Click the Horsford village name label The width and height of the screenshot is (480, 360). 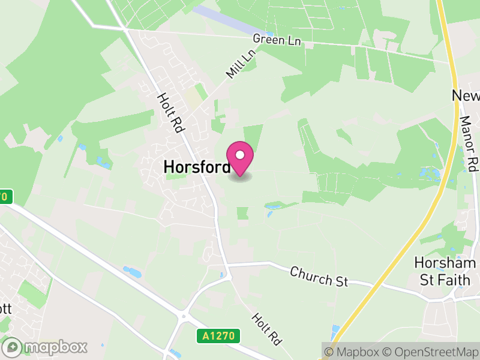[x=196, y=167]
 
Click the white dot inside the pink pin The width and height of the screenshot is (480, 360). [x=240, y=155]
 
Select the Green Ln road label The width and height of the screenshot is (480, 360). [x=277, y=40]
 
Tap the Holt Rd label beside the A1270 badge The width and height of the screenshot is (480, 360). [x=266, y=329]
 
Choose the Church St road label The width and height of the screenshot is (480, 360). [x=319, y=277]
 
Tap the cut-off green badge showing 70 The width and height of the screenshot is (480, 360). [x=5, y=196]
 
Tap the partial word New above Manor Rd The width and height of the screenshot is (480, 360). [x=466, y=97]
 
